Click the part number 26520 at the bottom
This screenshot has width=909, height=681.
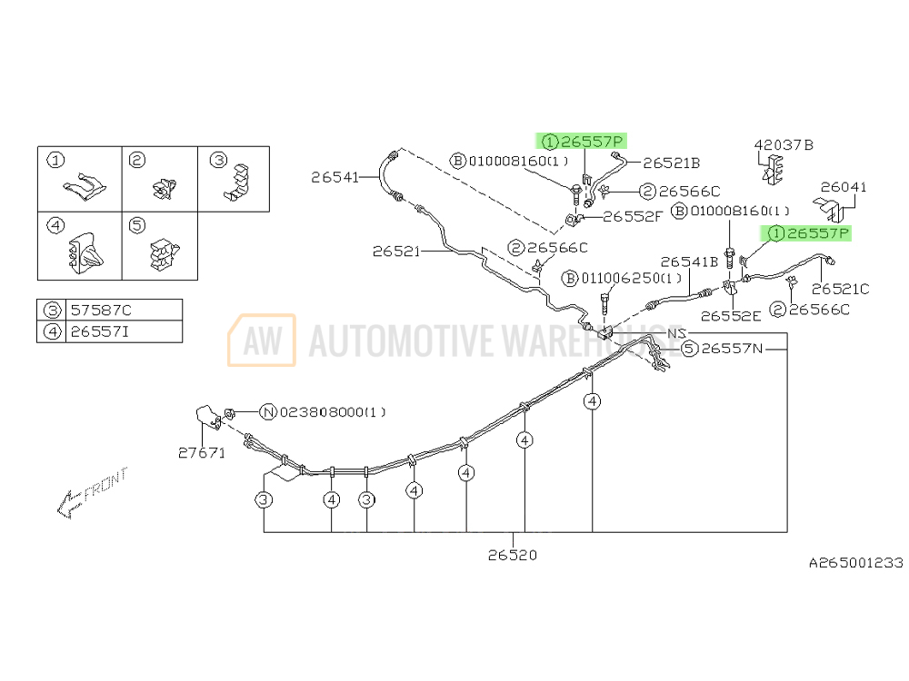(x=512, y=555)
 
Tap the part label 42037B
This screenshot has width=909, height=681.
(x=784, y=144)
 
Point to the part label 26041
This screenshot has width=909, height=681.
(x=844, y=188)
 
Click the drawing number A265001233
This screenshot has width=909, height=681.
(x=855, y=563)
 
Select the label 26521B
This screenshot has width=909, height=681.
(x=672, y=163)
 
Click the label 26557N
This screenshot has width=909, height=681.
(x=734, y=348)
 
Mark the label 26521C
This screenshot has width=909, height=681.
(x=840, y=289)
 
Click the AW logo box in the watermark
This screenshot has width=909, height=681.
(x=261, y=340)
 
